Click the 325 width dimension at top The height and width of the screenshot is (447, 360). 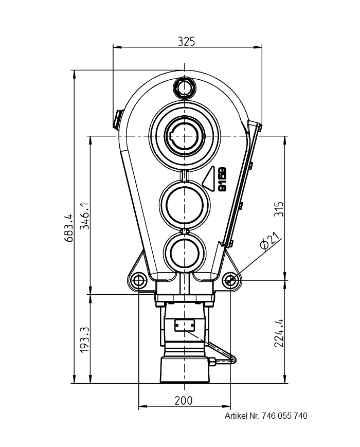[186, 42]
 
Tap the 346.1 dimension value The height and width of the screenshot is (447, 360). [85, 216]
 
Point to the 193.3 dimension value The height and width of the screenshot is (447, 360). [85, 339]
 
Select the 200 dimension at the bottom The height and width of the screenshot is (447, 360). [184, 400]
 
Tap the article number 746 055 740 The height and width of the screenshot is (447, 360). [284, 416]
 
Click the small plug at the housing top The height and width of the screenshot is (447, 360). [184, 87]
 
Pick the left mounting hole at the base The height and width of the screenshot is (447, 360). [138, 280]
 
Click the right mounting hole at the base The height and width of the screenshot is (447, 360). [230, 280]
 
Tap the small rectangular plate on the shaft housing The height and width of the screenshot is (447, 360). [184, 325]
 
